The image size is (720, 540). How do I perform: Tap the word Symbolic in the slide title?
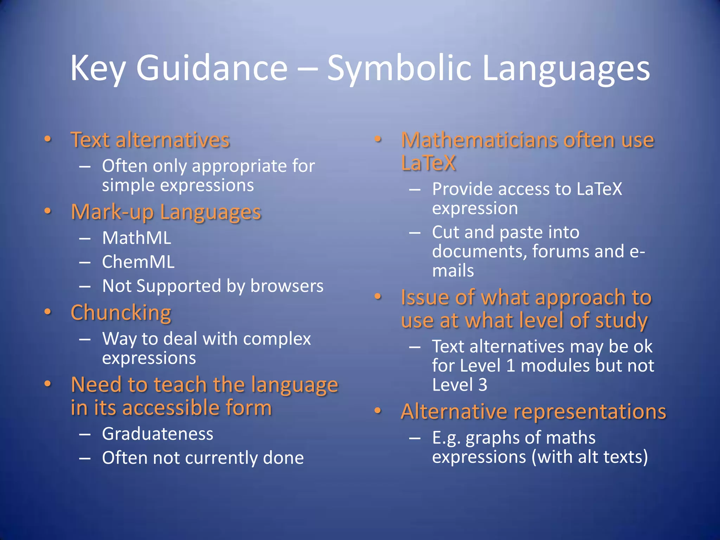[399, 69]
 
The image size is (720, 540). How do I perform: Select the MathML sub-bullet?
[136, 238]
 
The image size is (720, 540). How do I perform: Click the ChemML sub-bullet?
[138, 262]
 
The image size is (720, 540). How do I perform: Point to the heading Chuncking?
[121, 313]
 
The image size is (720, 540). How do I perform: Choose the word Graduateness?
[157, 434]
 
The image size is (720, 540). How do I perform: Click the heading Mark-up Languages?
[166, 212]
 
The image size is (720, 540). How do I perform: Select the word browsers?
[287, 286]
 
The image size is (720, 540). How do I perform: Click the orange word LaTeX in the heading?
[428, 163]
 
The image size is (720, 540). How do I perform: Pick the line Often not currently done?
[203, 458]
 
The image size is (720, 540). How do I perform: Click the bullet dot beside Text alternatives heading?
[48, 139]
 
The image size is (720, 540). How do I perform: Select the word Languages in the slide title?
[566, 69]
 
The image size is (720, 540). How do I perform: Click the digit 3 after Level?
[483, 385]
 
